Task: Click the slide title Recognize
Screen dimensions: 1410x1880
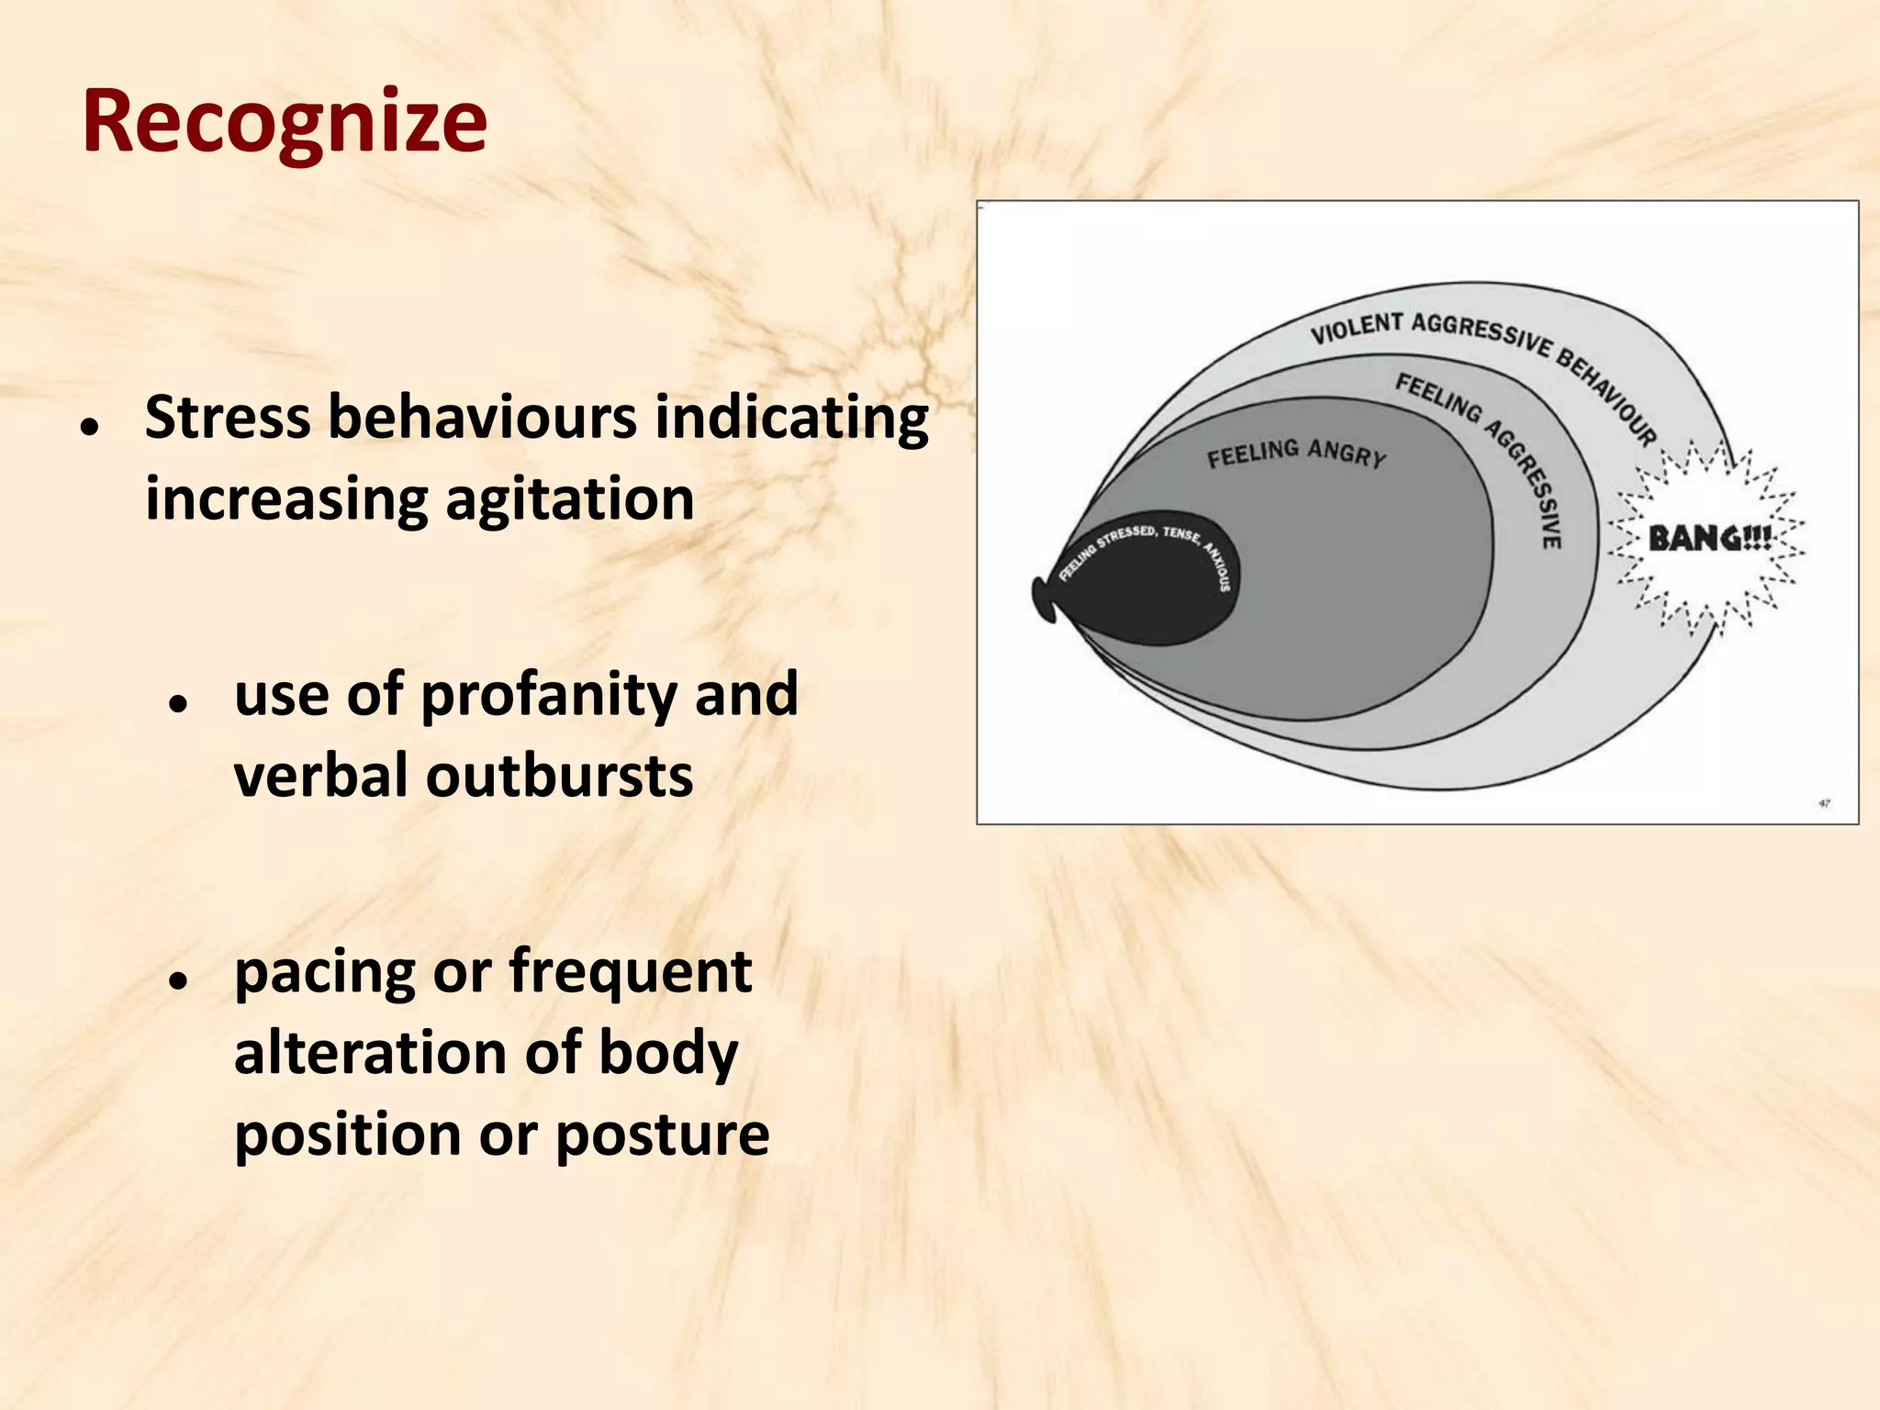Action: [285, 121]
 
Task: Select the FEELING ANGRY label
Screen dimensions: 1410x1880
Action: [1295, 453]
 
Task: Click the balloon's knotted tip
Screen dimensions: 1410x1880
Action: [1044, 600]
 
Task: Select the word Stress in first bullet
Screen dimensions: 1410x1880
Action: [228, 418]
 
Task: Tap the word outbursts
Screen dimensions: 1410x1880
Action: [559, 777]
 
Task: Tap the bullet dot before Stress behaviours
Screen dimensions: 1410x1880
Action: [89, 426]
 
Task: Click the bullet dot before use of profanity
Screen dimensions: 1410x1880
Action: [178, 703]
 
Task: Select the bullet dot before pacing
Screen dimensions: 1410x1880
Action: [178, 980]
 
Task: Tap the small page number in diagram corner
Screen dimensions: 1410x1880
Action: [1824, 803]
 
